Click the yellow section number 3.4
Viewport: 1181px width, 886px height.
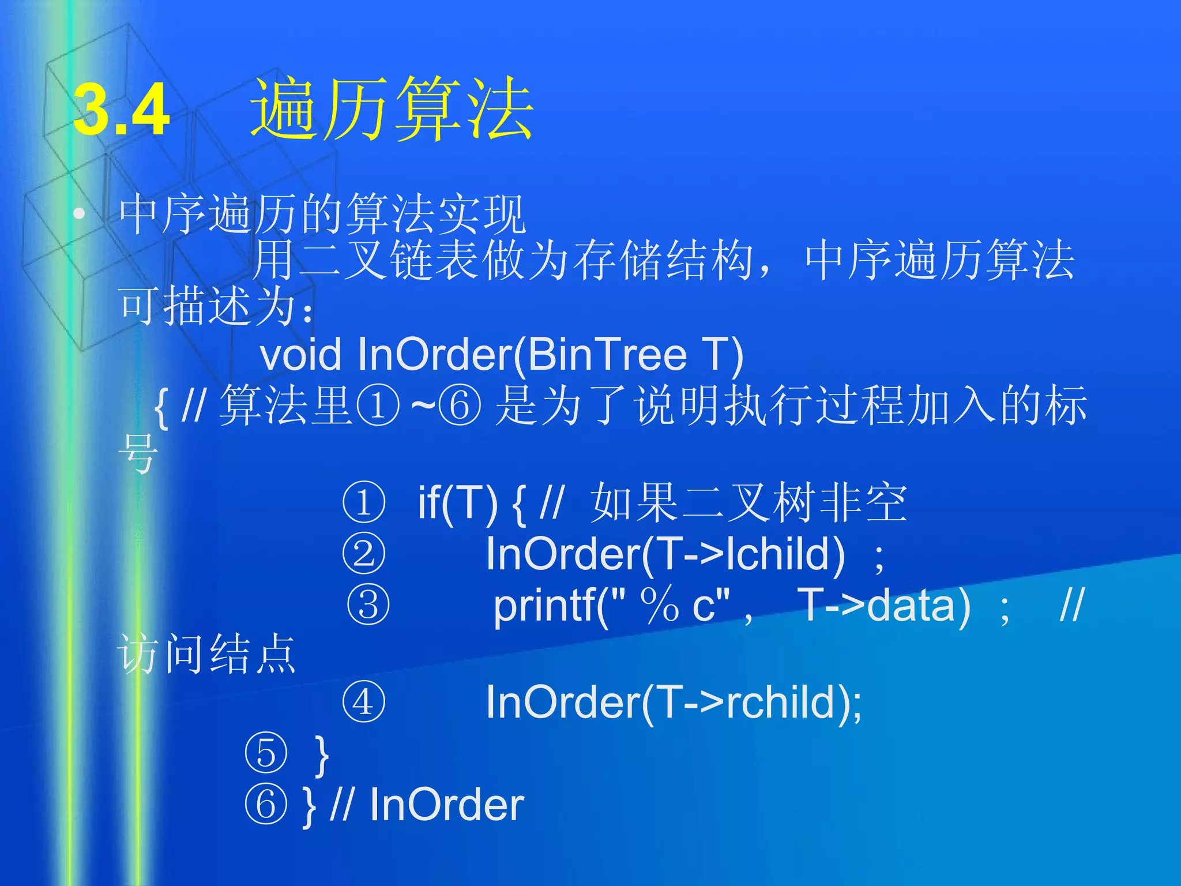pyautogui.click(x=122, y=110)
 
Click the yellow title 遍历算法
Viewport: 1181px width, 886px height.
pyautogui.click(x=392, y=110)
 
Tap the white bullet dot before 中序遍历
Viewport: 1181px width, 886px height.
pyautogui.click(x=79, y=215)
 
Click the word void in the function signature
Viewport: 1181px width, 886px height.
pyautogui.click(x=300, y=354)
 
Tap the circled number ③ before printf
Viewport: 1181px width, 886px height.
pyautogui.click(x=368, y=606)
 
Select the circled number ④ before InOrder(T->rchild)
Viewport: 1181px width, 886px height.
pyautogui.click(x=363, y=703)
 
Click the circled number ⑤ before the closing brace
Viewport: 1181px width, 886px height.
pyautogui.click(x=265, y=753)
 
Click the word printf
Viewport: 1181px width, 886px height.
pyautogui.click(x=545, y=607)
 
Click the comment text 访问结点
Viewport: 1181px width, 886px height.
pyautogui.click(x=206, y=654)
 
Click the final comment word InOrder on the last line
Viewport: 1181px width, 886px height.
pyautogui.click(x=446, y=805)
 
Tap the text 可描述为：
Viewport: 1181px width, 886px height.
pyautogui.click(x=216, y=306)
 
